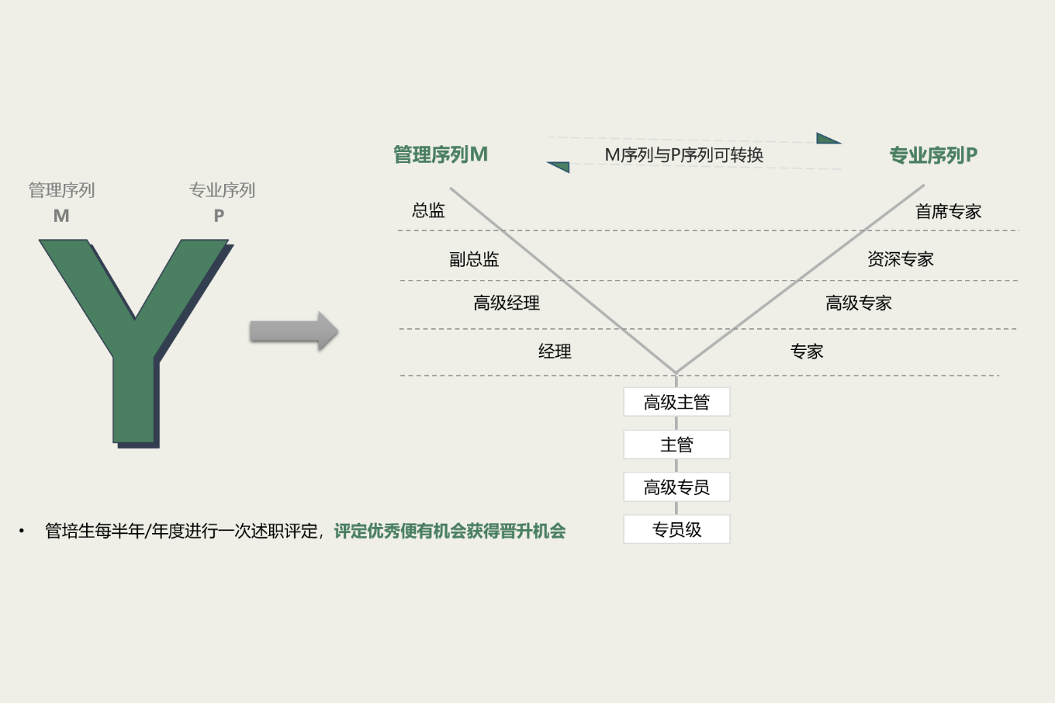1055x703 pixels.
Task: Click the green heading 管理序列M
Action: point(440,155)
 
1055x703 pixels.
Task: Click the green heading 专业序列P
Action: point(932,156)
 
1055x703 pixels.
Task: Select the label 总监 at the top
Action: point(428,210)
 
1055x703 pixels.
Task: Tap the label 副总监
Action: point(474,259)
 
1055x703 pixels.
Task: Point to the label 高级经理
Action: point(507,303)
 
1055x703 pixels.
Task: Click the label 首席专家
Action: point(948,212)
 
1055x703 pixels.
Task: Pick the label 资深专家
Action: point(900,259)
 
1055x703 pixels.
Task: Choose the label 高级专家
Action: point(858,303)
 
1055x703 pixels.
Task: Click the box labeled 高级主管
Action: point(676,402)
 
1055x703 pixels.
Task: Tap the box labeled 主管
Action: point(676,445)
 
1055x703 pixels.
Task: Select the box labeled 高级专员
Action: point(676,487)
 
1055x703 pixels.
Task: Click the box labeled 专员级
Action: point(676,530)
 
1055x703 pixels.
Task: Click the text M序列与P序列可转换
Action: point(683,155)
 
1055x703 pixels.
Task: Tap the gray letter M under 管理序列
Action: point(61,216)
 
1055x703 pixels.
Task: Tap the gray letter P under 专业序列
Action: point(219,216)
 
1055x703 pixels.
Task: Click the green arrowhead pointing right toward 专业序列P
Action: point(827,140)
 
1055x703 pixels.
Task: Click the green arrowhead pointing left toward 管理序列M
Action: point(560,166)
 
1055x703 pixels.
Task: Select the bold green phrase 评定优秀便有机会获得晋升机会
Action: point(449,532)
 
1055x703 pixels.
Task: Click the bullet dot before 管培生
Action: point(22,532)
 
